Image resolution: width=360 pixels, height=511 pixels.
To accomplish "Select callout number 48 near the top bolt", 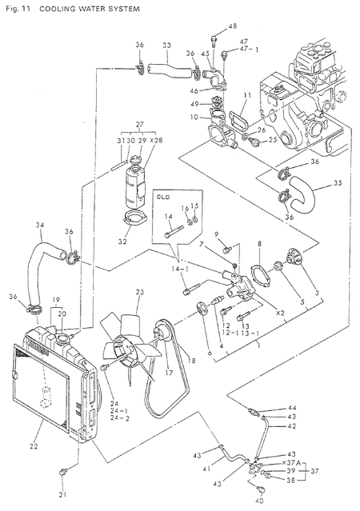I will (233, 26).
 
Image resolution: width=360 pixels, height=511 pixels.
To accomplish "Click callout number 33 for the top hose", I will (166, 46).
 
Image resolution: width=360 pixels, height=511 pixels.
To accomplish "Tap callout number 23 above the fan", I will (138, 293).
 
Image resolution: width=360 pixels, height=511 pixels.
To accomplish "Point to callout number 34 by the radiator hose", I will (39, 225).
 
